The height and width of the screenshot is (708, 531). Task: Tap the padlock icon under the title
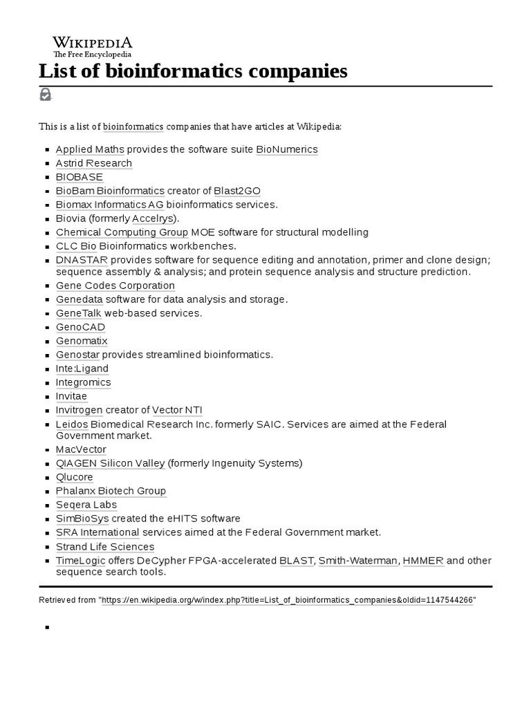tap(45, 94)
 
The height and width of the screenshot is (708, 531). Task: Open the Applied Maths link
tap(89, 149)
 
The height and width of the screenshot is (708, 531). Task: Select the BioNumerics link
tap(286, 149)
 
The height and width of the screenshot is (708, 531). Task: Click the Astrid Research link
tap(93, 163)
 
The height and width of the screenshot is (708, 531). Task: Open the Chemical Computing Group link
tap(122, 232)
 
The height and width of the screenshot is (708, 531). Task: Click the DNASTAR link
tap(81, 260)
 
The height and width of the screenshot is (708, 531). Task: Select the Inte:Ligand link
tap(82, 369)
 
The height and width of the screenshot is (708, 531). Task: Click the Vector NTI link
tap(177, 410)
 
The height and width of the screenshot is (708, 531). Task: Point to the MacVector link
tap(81, 449)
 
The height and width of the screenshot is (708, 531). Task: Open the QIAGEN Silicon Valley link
tap(110, 463)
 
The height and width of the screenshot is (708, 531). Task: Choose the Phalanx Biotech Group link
tap(111, 491)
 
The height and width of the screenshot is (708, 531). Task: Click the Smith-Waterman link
tap(358, 560)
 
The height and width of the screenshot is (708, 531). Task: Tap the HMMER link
tap(422, 560)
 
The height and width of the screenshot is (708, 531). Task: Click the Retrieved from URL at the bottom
tap(288, 600)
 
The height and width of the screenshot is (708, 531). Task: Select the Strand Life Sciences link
tap(105, 547)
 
